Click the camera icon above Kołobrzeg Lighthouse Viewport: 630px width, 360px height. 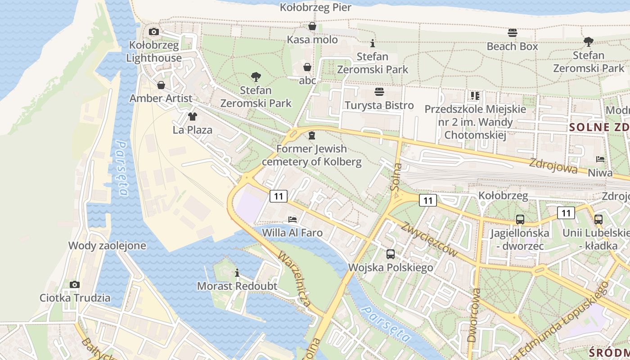pos(154,31)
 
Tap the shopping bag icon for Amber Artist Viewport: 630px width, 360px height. pos(161,85)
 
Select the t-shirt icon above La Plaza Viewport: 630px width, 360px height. pos(193,117)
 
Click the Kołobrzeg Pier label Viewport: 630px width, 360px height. pos(315,7)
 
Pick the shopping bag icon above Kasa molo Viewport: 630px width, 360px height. pos(312,27)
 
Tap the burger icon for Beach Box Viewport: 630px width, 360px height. pos(512,33)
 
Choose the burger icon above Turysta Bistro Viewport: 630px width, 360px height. pos(379,92)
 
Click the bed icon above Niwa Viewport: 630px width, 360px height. pos(600,159)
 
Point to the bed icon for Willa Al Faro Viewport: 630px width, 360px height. pos(292,220)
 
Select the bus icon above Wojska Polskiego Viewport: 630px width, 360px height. pos(391,254)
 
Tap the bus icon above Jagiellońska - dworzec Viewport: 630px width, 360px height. pos(520,220)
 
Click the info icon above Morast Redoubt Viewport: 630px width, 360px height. pos(237,273)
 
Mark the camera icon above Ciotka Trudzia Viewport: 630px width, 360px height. pos(75,284)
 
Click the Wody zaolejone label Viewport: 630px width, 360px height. pos(107,246)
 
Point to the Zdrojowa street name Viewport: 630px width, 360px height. pos(553,166)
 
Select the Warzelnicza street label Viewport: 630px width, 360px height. pos(294,279)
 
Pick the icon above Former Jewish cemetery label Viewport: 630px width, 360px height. pos(312,135)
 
